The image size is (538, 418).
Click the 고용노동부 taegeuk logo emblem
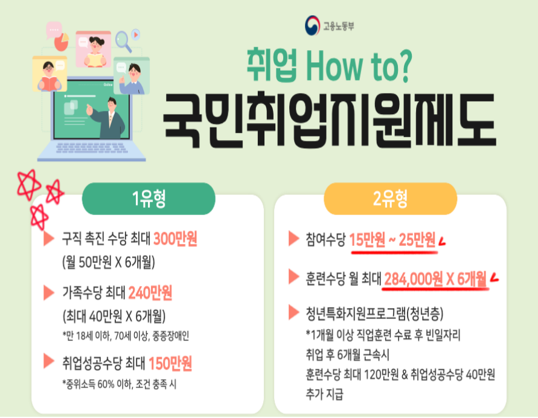tap(312, 25)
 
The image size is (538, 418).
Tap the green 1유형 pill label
tap(149, 199)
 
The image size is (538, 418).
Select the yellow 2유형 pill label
tap(391, 199)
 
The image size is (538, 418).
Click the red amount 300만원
tap(175, 239)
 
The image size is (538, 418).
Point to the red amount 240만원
tap(150, 293)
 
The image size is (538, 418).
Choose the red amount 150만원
tap(170, 364)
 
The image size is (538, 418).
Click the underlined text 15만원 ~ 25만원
tap(392, 240)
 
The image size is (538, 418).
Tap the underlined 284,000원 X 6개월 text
tap(435, 278)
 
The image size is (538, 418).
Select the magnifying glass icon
tap(123, 41)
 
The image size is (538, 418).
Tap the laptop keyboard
tap(91, 147)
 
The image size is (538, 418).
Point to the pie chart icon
tap(62, 42)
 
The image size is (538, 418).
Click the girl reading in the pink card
tap(94, 51)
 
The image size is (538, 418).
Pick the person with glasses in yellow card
tap(50, 77)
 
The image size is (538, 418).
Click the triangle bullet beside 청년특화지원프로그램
tap(294, 312)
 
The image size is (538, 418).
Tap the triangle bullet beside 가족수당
tap(49, 293)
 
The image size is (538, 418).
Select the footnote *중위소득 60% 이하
tap(119, 384)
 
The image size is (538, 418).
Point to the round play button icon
tap(136, 34)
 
